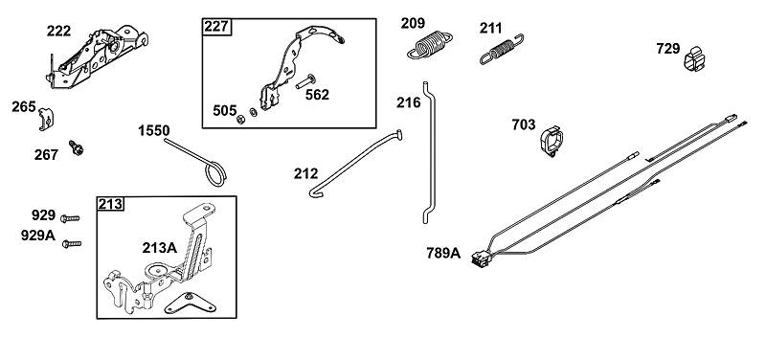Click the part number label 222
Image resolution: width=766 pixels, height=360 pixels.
[58, 32]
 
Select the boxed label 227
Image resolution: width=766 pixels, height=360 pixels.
[217, 27]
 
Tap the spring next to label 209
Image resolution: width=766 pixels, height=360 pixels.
[429, 44]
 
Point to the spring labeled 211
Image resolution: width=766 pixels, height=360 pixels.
[502, 49]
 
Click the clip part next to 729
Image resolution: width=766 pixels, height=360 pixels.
[694, 58]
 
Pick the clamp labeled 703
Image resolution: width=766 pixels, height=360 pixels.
[552, 141]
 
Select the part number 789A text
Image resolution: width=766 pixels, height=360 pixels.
[443, 253]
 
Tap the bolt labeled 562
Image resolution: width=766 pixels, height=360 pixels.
[305, 81]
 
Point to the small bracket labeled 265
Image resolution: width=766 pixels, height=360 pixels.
[46, 119]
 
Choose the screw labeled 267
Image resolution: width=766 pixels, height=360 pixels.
[77, 147]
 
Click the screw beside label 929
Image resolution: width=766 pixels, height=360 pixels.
[70, 218]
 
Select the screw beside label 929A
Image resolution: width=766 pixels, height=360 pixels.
[72, 243]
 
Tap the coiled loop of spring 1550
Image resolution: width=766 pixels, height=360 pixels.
[214, 173]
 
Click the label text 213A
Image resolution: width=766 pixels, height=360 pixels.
[160, 248]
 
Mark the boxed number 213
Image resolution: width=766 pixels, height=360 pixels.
[111, 204]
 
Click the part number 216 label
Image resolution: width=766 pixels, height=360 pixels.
[409, 102]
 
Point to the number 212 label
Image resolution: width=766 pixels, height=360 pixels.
[305, 173]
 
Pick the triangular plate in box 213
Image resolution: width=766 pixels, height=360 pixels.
[191, 304]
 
